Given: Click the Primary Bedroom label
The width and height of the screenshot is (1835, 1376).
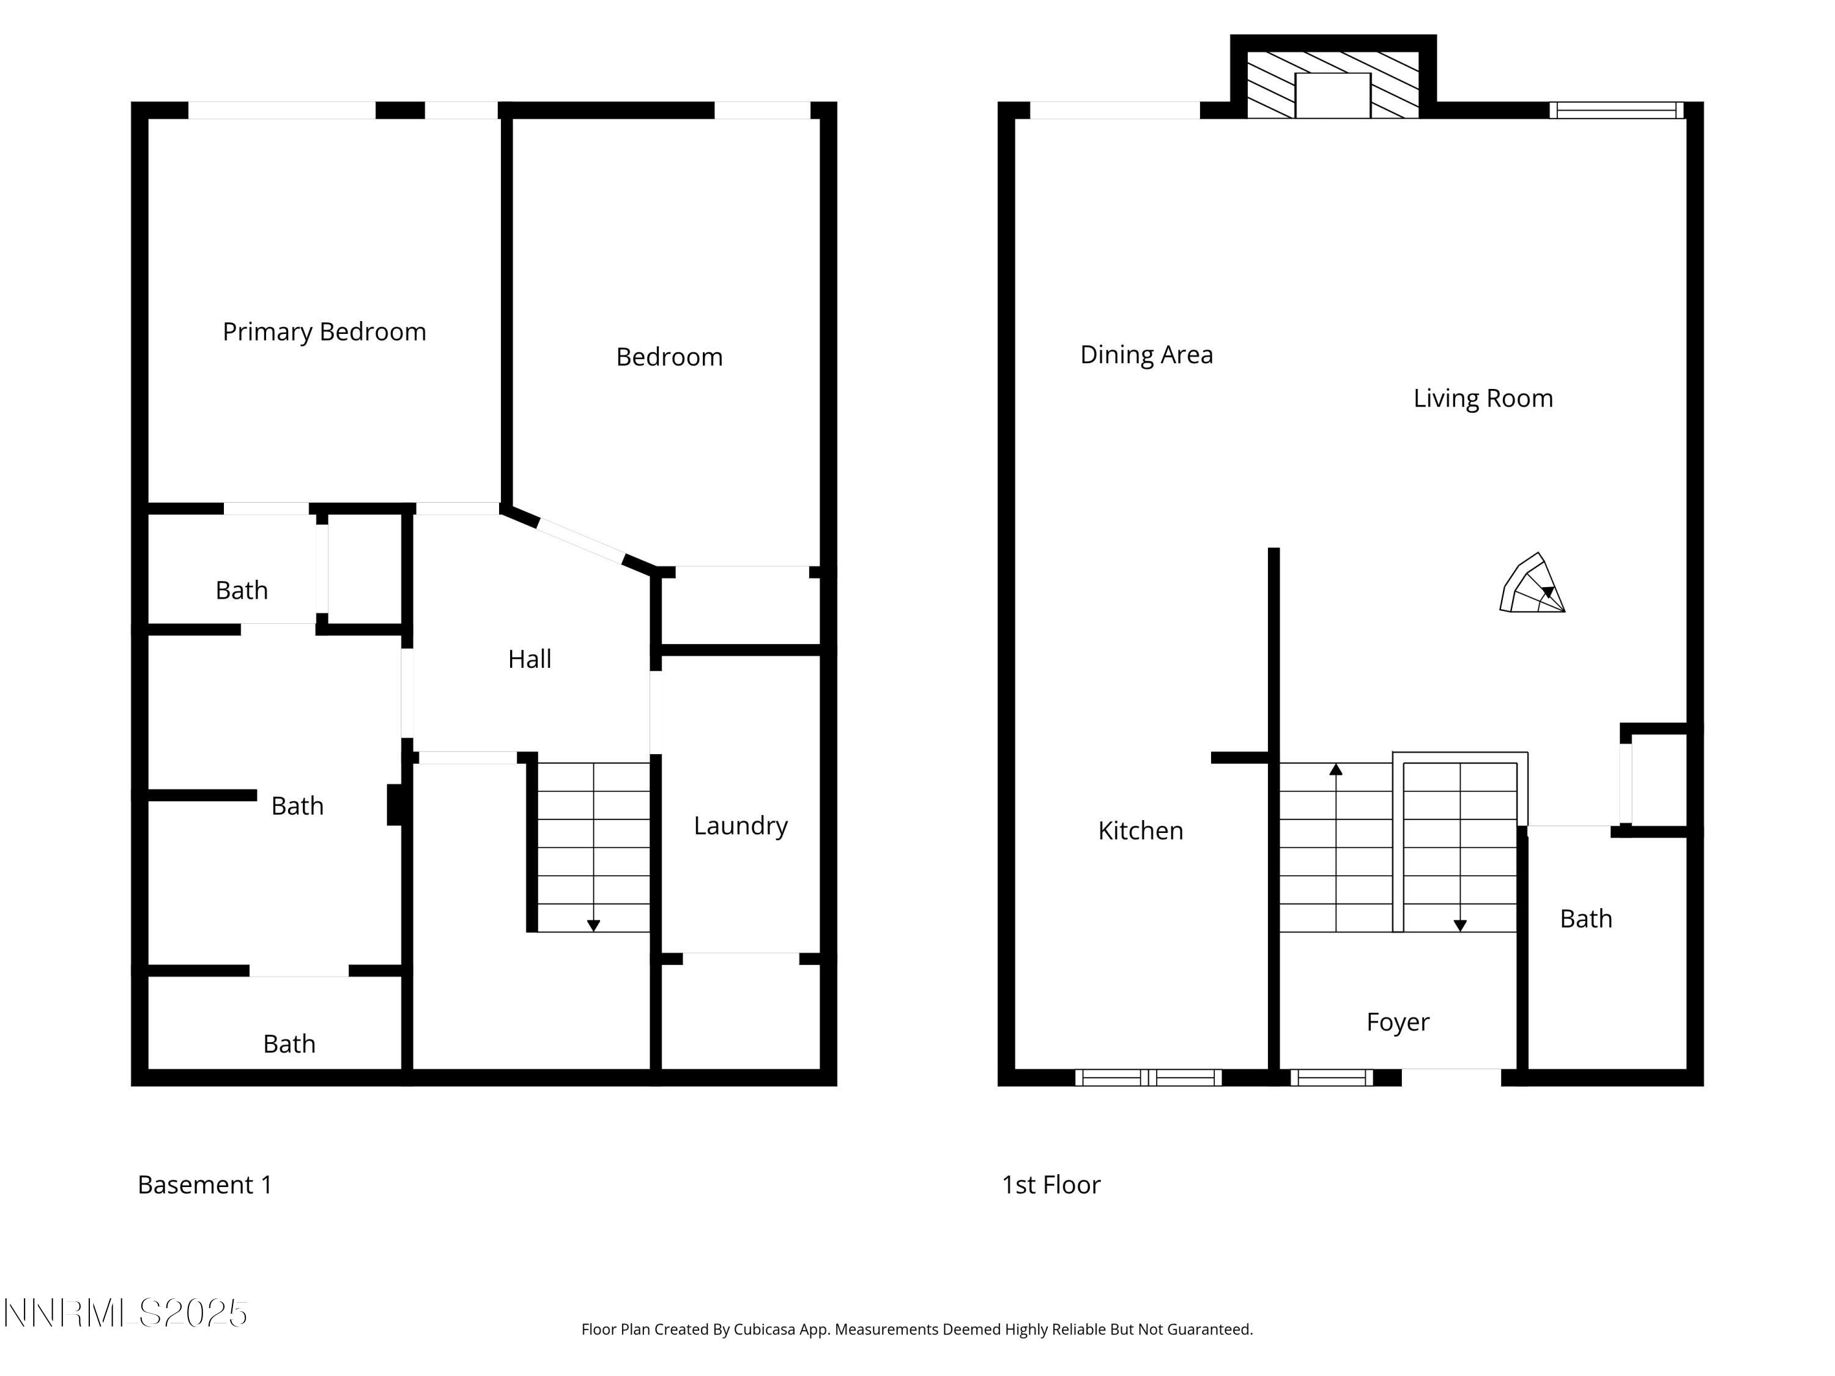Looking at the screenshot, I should pos(324,331).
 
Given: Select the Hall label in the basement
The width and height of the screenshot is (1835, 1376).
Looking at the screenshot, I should pos(529,659).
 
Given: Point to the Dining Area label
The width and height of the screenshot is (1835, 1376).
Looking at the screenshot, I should pos(1146,355).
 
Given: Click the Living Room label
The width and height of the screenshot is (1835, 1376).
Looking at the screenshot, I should pos(1483,398).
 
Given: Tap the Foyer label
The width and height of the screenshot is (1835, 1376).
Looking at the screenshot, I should pos(1398,1022).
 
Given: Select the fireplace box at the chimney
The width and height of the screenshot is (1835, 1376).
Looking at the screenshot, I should pos(1332,95).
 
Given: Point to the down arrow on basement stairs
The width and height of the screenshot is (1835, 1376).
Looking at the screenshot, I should pos(593,925).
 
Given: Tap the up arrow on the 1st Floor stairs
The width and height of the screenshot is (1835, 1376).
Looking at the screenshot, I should pos(1336,771).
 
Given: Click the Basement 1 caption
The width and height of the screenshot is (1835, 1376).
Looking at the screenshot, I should pos(204,1185).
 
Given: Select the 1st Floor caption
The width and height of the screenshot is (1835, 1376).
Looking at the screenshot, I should pos(1050,1185).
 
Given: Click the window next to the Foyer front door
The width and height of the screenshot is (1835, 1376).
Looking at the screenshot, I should pos(1332,1078).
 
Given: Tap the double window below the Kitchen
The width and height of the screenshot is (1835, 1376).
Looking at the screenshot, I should pos(1148,1078).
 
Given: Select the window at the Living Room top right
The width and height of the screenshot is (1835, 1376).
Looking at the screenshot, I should pos(1615,110).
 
